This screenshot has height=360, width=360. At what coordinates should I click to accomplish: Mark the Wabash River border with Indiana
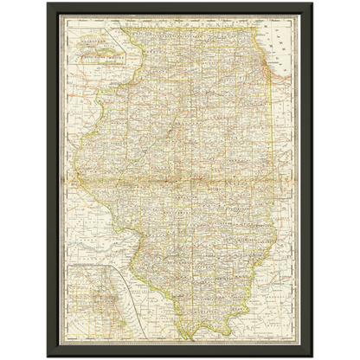pos(275,251)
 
